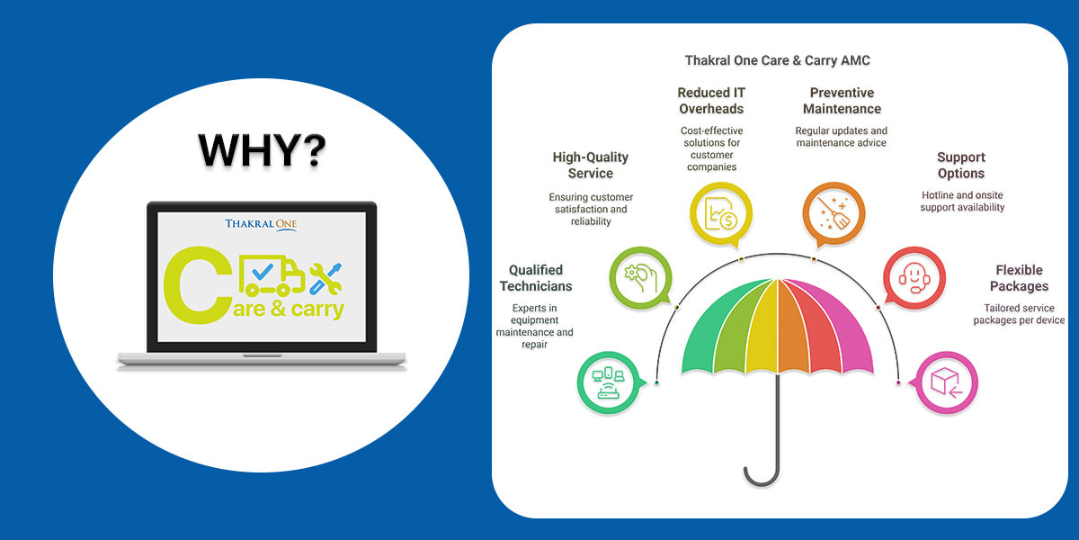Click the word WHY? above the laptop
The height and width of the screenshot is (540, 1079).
point(263,150)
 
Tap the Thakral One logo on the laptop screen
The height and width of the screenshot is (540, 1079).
point(261,225)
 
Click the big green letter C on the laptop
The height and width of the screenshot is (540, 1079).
point(198,285)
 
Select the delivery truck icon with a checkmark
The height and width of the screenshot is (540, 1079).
point(272,275)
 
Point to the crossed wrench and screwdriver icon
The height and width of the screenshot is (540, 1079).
point(325,279)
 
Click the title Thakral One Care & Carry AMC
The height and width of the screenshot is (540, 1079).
point(778,61)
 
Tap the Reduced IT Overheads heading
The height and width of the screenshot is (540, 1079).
point(711,101)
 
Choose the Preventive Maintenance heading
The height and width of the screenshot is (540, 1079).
point(842,101)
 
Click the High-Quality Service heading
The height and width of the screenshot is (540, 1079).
point(591,166)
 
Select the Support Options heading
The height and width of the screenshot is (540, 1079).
point(961,166)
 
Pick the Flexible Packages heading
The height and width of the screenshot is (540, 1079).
point(1020,278)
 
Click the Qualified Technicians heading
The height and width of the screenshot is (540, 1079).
point(536,278)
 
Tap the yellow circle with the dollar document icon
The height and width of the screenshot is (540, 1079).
point(721,214)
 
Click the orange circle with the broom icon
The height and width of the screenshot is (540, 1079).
point(834,214)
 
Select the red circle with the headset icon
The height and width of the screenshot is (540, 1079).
point(914,278)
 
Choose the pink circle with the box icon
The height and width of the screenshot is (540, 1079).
point(946,382)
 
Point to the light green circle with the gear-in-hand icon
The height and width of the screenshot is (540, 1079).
point(641,278)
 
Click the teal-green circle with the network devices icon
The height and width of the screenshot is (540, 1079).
point(610,382)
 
